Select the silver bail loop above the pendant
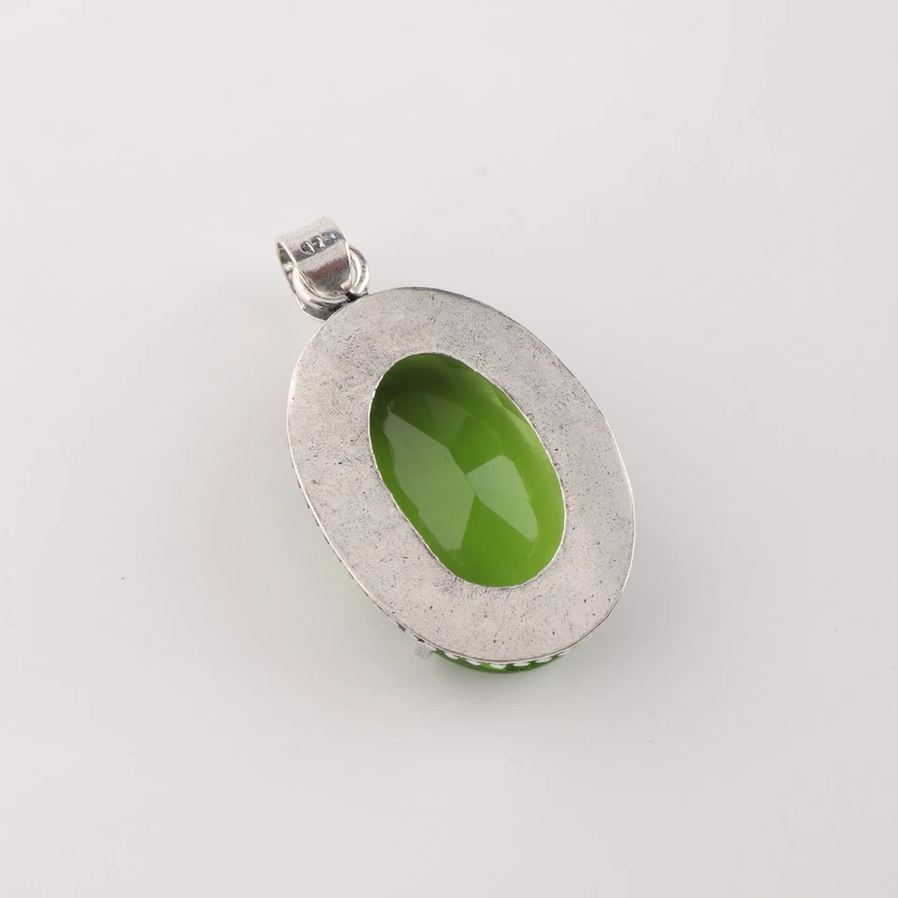coord(318,253)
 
